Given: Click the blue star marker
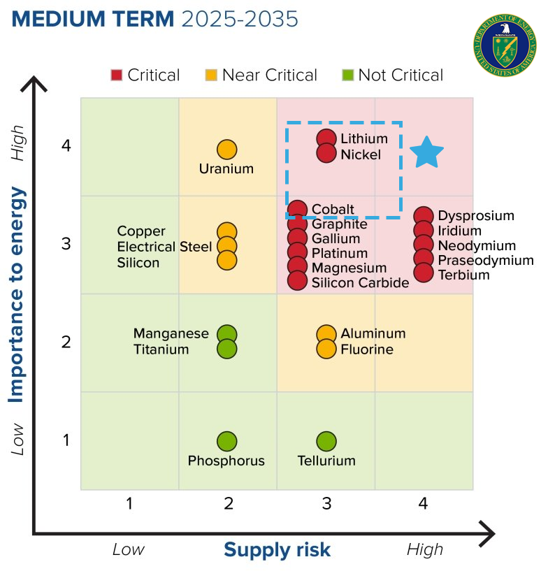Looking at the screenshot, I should coord(426,152).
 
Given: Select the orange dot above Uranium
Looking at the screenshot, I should coord(226,150).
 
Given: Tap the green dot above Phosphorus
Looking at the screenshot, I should coord(226,442).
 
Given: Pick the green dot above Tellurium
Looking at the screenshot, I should coord(326,442).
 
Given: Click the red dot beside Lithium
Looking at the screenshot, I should coord(326,139).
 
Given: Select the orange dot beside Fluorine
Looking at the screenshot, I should coord(326,349).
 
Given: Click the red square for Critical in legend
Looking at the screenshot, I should coord(117,75).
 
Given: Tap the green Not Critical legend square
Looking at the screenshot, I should coord(347,75).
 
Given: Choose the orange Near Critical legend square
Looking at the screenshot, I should coord(211,75).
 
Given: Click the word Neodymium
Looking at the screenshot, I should coord(477,246).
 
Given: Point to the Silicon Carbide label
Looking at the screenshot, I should coord(360,282).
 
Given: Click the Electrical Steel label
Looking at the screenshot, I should coord(164,247).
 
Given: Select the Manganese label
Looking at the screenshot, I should coord(171,333).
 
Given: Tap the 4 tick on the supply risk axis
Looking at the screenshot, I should coord(423,504).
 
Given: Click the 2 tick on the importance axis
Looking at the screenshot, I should coord(66,342).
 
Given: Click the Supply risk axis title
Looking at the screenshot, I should coord(277,551).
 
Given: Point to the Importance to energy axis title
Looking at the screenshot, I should coord(16,294).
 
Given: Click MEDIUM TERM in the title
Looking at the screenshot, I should coord(93,19).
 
